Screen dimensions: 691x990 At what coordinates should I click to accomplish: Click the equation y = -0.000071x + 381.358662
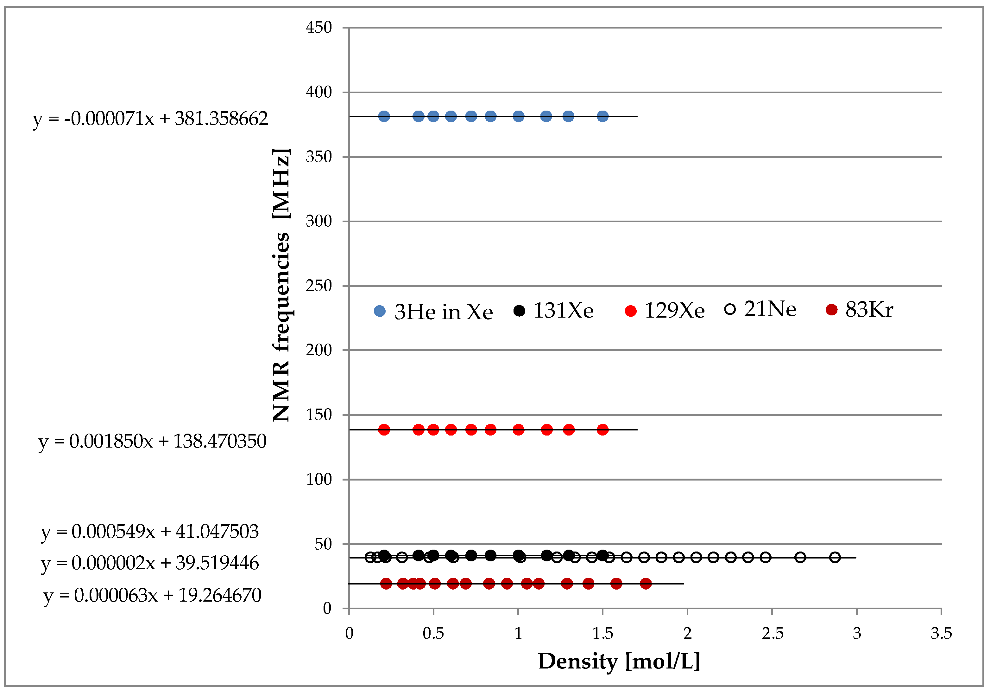coord(150,118)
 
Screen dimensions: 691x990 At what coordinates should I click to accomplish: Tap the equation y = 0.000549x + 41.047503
coord(150,531)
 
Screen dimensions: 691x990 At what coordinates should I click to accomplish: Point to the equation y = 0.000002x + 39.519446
coord(150,563)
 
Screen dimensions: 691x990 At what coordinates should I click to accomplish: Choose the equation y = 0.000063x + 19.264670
coord(152,595)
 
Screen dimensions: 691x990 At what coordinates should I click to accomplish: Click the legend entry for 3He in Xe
coord(433,312)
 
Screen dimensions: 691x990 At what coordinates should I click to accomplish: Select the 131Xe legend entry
coord(554,310)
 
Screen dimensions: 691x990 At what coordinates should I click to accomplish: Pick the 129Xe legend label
coord(665,310)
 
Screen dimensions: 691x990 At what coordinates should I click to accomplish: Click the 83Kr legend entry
coord(859,309)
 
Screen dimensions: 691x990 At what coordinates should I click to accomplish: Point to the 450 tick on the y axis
coord(318,28)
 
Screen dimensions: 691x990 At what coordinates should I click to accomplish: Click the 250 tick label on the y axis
coord(318,286)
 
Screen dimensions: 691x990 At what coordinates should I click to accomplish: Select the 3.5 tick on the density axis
coord(941,633)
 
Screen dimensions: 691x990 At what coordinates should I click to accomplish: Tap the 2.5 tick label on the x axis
coord(772,633)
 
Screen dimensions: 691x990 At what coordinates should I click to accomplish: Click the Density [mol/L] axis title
coord(619,661)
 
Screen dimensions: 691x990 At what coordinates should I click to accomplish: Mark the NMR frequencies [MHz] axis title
coord(281,285)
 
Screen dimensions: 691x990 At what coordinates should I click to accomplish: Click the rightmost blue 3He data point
coord(602,116)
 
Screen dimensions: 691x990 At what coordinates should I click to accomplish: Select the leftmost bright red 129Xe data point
coord(384,429)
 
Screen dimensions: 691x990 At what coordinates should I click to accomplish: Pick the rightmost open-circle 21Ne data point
coord(835,557)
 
